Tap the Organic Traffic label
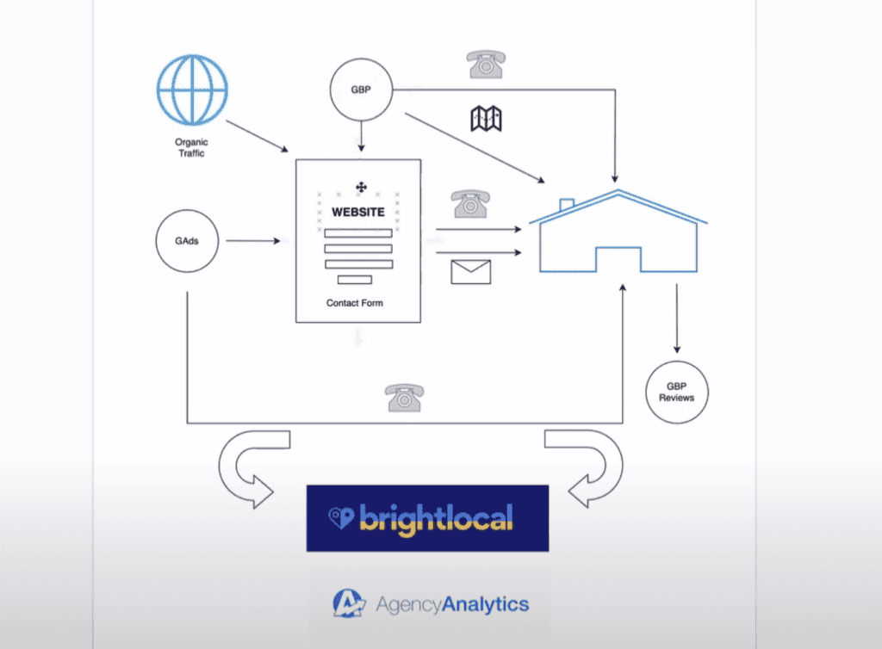[x=191, y=148]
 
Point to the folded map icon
[x=486, y=119]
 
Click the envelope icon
[x=471, y=272]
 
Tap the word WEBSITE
[x=358, y=212]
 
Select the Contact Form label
[x=354, y=303]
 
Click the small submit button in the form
[x=354, y=280]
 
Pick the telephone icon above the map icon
[x=486, y=64]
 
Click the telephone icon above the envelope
[x=470, y=203]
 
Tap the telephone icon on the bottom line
[x=405, y=398]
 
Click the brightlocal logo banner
[x=427, y=518]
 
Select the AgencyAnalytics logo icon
[x=349, y=603]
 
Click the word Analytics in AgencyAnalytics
[x=486, y=604]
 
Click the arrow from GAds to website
[x=253, y=241]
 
